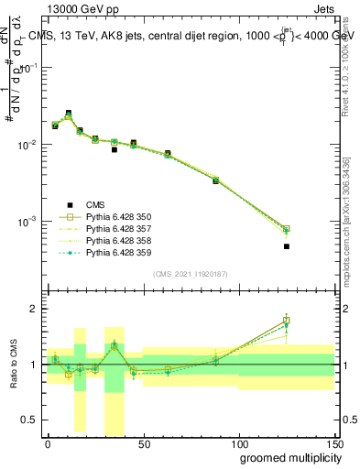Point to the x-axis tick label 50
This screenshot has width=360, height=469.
click(x=143, y=444)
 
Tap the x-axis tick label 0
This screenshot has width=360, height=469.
click(x=48, y=444)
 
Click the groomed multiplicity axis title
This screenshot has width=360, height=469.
click(x=287, y=457)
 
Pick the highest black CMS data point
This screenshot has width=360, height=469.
click(x=69, y=114)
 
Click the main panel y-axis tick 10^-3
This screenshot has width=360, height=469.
click(x=31, y=222)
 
